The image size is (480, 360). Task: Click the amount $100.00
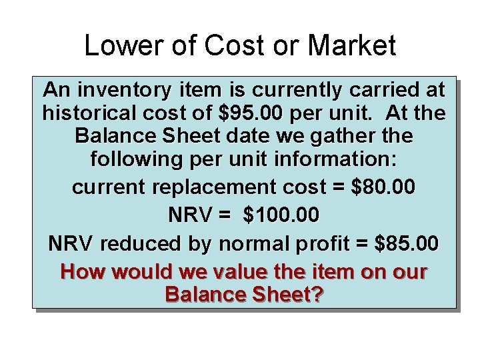[x=282, y=216]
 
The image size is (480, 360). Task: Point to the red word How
[x=81, y=273]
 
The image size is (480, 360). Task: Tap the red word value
[x=211, y=273]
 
